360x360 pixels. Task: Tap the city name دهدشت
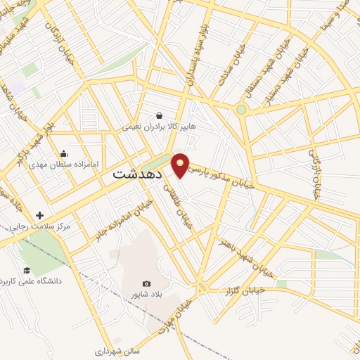click(x=138, y=172)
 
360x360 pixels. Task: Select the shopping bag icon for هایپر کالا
click(x=160, y=115)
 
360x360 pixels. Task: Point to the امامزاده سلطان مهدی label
click(x=58, y=166)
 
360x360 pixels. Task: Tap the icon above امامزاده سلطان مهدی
click(x=64, y=154)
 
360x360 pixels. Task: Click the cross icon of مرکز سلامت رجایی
click(x=39, y=215)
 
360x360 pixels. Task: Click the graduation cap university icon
click(x=27, y=271)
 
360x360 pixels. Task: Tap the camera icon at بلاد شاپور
click(x=146, y=283)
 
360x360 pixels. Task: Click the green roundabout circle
click(x=241, y=109)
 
